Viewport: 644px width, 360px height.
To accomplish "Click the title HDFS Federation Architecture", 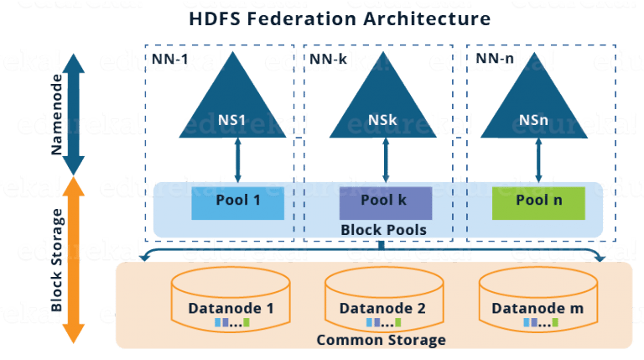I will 340,18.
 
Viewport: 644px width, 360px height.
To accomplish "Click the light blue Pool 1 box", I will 238,201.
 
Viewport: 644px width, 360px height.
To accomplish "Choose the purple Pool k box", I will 385,201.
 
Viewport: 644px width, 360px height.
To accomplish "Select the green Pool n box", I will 538,201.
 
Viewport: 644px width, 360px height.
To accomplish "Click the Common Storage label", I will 381,340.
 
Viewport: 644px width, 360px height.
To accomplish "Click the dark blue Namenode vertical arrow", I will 74,114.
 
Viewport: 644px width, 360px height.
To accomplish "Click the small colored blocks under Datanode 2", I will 382,322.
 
